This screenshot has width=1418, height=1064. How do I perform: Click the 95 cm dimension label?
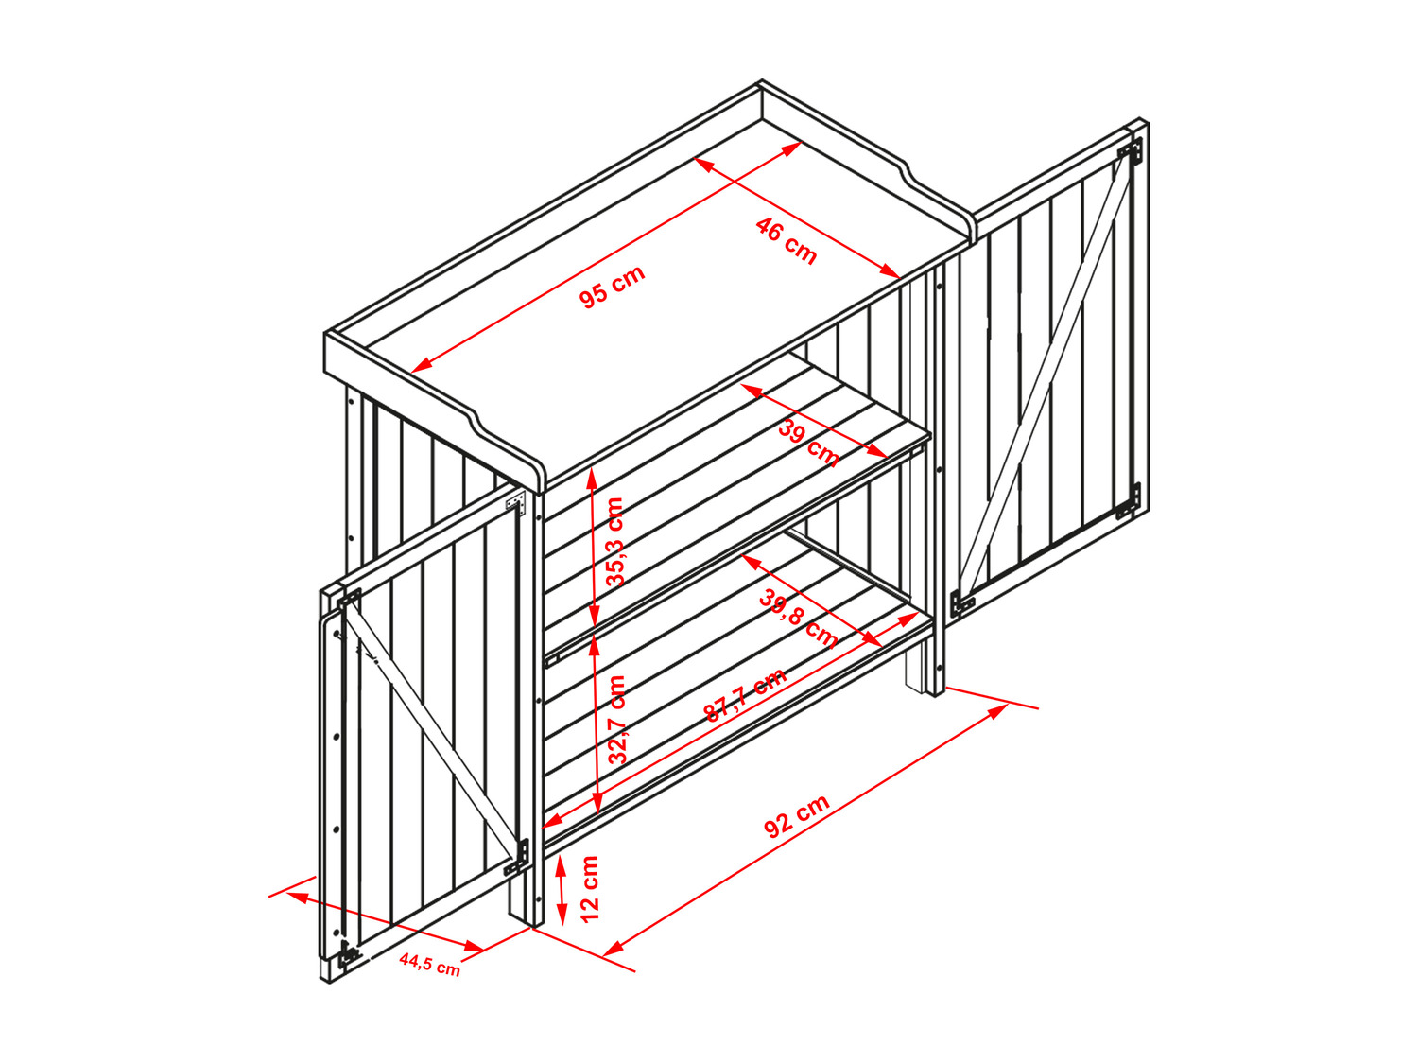(611, 287)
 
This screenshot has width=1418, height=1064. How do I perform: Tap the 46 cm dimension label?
(787, 241)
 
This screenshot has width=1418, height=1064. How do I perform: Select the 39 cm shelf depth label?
(809, 443)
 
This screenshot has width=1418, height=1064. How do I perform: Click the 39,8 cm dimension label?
(799, 619)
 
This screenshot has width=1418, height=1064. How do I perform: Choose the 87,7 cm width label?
(745, 694)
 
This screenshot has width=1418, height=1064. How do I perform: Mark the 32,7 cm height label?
(617, 720)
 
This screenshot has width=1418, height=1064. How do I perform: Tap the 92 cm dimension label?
(796, 816)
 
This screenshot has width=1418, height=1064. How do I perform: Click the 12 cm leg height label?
(590, 888)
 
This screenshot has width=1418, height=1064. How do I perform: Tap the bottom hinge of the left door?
(349, 953)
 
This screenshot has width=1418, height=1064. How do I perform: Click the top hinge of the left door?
(349, 600)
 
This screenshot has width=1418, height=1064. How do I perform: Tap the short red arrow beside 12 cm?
(562, 888)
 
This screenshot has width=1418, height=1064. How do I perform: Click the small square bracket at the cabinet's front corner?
(516, 500)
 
